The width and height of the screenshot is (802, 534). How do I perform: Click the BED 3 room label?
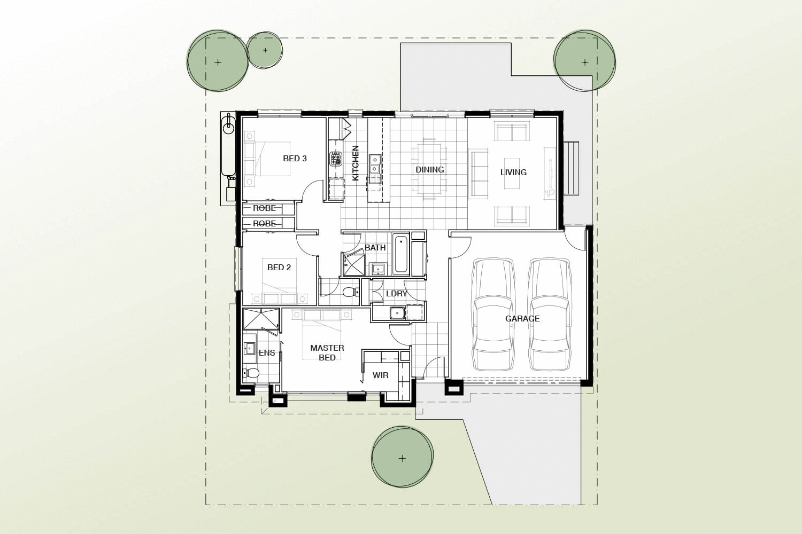coord(295,159)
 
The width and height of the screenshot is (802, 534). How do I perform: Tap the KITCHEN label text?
coord(356,163)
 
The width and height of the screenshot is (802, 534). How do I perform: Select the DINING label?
coord(430,170)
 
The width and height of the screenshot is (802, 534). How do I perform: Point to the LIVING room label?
coord(513,172)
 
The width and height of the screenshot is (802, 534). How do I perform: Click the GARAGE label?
coord(522,319)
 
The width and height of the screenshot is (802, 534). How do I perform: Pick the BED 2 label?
coord(279,268)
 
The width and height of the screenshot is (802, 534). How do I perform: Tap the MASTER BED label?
coord(327,352)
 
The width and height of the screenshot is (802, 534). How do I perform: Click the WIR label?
coord(381,375)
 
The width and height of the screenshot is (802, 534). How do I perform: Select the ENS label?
coord(267,353)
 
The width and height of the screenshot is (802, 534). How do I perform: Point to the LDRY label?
coord(397,294)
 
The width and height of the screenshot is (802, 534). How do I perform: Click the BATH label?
coord(375,248)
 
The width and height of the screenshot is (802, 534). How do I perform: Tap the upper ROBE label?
coord(265,208)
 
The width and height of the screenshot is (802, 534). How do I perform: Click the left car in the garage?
coord(493,315)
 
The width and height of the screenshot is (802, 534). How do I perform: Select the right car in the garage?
coord(549,315)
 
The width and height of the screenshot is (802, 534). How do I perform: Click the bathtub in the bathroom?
coord(401,254)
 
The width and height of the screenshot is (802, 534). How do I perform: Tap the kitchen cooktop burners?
coord(336,159)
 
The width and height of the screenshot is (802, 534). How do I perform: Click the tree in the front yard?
coord(402,458)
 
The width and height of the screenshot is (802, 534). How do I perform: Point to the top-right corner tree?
coord(584,61)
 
